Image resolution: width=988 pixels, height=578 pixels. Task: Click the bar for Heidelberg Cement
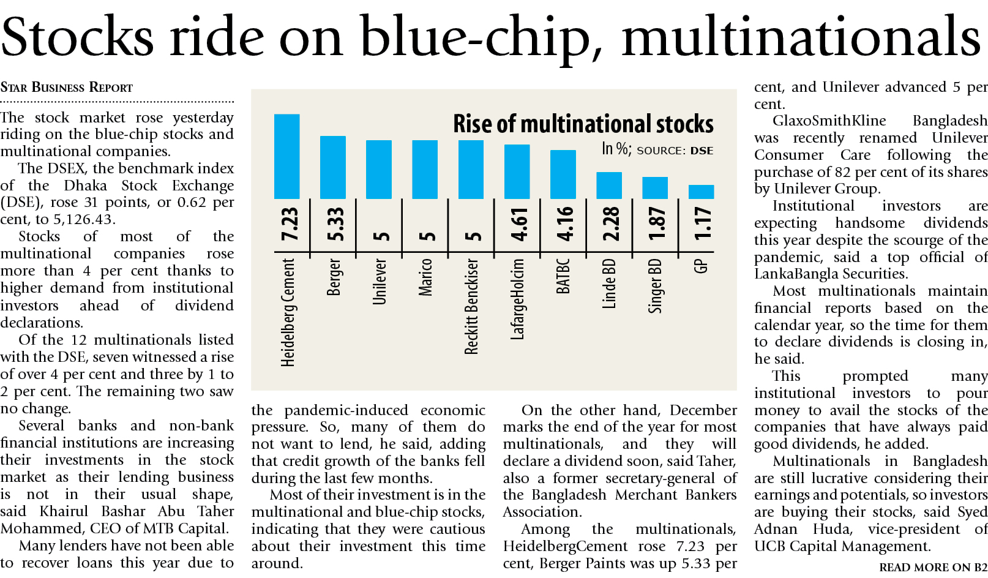point(286,156)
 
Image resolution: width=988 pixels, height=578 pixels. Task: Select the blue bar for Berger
point(333,167)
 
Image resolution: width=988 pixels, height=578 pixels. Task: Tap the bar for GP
point(701,192)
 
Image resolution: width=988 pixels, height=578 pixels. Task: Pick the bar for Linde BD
point(609,186)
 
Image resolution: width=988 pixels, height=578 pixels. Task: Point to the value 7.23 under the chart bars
point(289,225)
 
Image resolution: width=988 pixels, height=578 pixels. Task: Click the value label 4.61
point(519,225)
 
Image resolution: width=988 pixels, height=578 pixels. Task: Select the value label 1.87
point(656,225)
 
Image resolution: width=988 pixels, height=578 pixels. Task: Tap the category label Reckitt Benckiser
point(471,306)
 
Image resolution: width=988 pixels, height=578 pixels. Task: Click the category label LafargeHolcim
point(518,299)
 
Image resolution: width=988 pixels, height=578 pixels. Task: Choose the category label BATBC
point(563,276)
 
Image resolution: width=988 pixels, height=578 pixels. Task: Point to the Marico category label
point(425,277)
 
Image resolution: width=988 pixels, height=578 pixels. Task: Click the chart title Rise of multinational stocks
point(583,124)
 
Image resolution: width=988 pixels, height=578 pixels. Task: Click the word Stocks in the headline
point(77,37)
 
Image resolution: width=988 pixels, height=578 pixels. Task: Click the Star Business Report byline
point(66,88)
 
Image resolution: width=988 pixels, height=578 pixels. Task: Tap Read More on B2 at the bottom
point(933,568)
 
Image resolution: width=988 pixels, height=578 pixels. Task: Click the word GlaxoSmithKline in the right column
point(829,121)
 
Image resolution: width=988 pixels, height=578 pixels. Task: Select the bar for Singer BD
point(655,188)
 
